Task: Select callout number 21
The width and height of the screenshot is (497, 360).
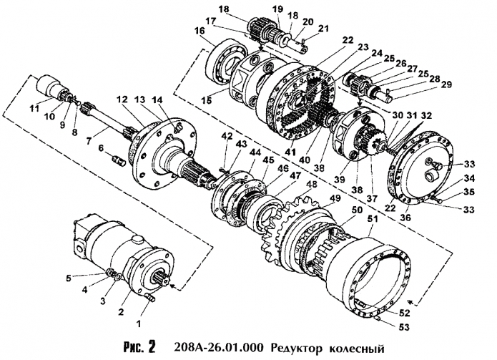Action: pyautogui.click(x=324, y=28)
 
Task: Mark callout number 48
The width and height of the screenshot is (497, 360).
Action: pyautogui.click(x=311, y=184)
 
